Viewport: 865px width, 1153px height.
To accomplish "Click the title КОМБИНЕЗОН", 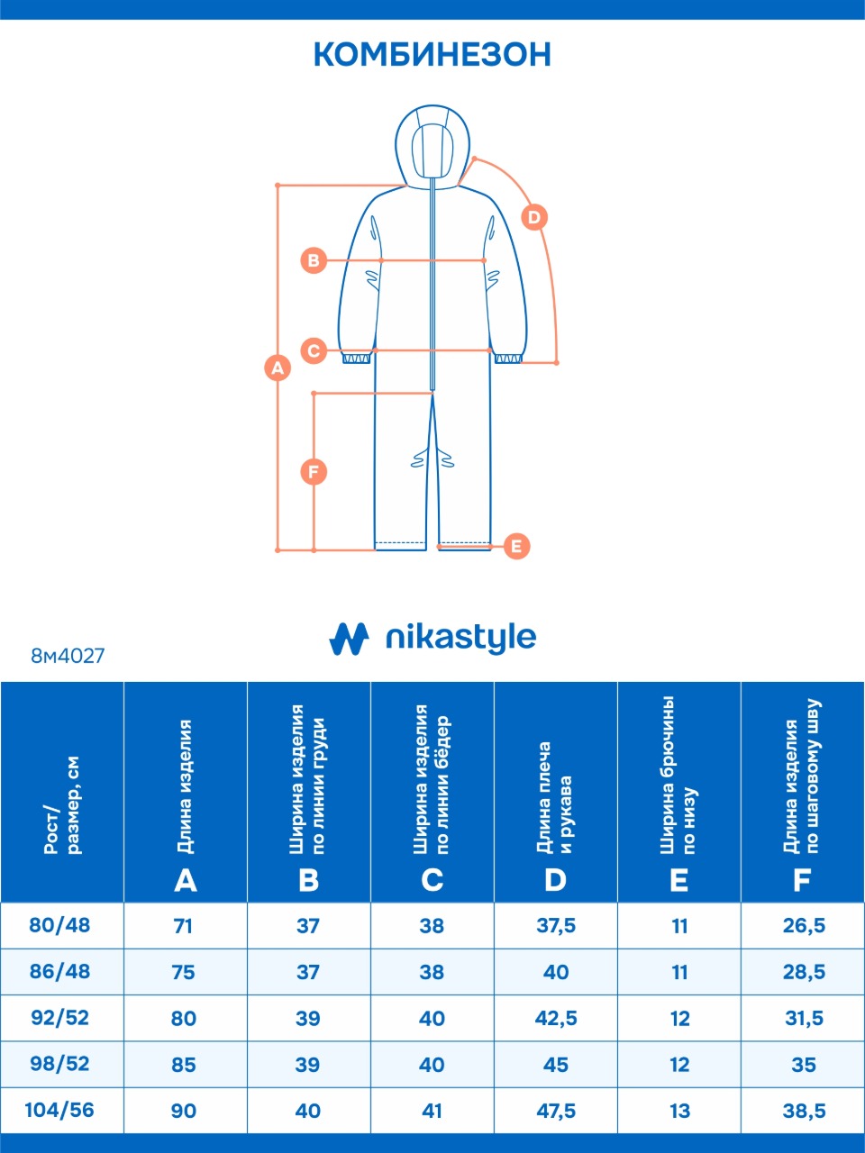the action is point(432,54).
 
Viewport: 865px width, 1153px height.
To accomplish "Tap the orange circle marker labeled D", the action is point(534,217).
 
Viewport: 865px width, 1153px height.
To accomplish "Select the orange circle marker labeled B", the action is point(314,260).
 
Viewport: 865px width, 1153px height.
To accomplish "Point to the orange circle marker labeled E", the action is point(516,546).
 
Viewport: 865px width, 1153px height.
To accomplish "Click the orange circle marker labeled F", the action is point(314,472).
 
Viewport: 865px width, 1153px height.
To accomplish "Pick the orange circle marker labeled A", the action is point(278,368).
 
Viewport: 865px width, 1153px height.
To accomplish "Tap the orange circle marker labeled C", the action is point(314,350).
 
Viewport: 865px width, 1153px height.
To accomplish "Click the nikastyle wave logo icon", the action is point(349,639).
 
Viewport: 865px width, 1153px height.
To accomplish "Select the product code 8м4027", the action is point(68,656).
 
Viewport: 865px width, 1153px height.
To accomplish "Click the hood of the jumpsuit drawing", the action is point(432,146).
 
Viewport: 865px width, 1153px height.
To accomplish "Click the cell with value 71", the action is point(183,925).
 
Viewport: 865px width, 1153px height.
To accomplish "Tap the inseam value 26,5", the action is point(804,925).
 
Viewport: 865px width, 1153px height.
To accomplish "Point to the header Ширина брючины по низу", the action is point(678,776).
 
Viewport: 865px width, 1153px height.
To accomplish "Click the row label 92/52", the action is point(59,1018).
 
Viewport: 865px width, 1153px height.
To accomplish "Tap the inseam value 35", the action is point(804,1064).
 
